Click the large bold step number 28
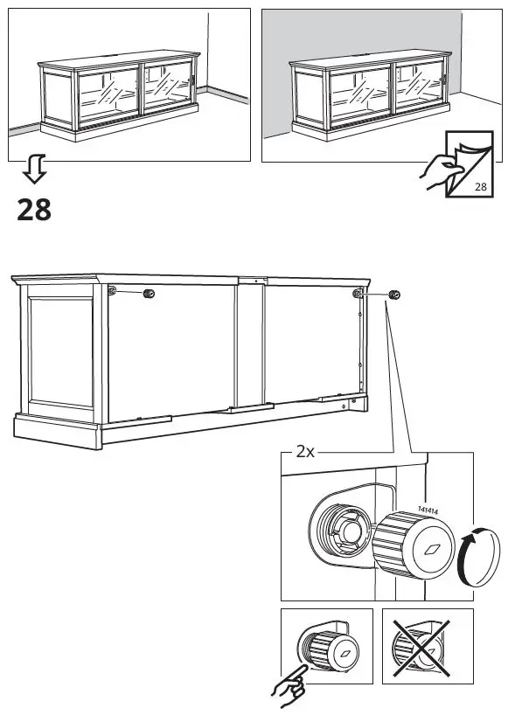pos(33,210)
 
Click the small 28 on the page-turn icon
pos(480,187)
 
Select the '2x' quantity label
pos(305,452)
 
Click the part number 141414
pos(428,510)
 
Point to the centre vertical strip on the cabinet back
pos(250,345)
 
